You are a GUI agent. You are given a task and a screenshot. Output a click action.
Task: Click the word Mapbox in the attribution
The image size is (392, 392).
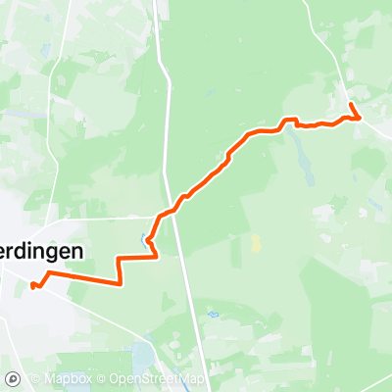tap(72, 379)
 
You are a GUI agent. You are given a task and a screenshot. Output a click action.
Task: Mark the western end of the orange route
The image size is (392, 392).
tap(32, 286)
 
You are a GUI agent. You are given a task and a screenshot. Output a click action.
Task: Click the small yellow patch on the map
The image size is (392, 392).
tap(256, 241)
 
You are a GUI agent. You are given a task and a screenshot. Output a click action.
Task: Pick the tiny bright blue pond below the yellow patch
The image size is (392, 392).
tap(212, 315)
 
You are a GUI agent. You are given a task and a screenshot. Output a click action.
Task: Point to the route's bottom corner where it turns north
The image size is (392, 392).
tap(120, 283)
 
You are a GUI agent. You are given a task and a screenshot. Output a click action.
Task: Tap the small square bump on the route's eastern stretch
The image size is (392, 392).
tap(290, 121)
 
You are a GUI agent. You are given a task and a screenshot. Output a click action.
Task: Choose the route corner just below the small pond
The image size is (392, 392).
tap(155, 257)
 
